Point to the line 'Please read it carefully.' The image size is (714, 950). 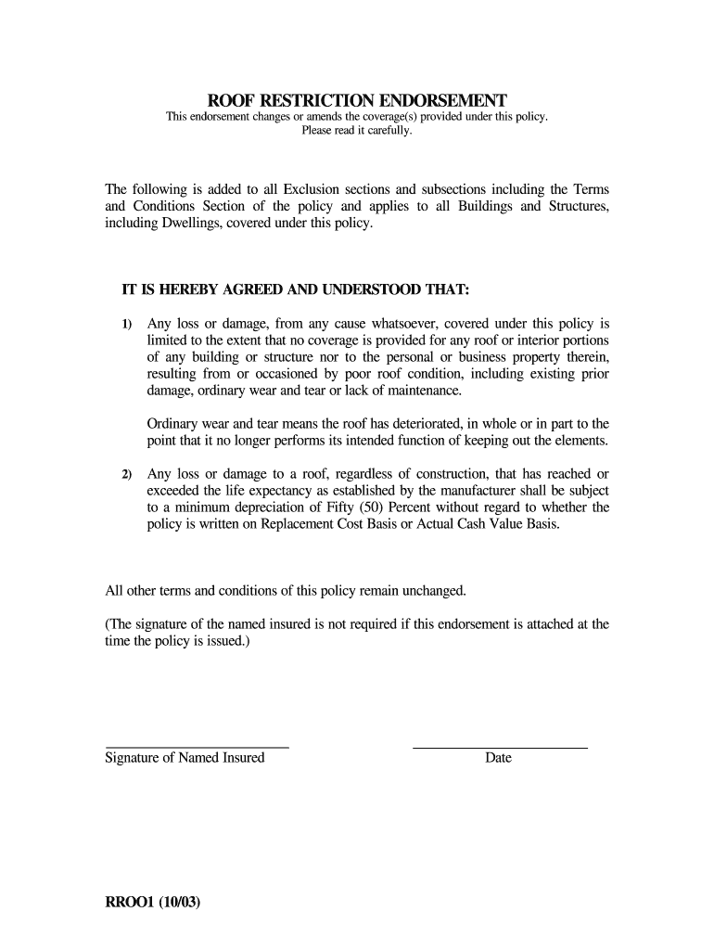(357, 131)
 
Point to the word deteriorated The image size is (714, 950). (414, 423)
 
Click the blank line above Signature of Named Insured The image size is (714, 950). (197, 746)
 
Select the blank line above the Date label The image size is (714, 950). (499, 746)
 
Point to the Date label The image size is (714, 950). (498, 758)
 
